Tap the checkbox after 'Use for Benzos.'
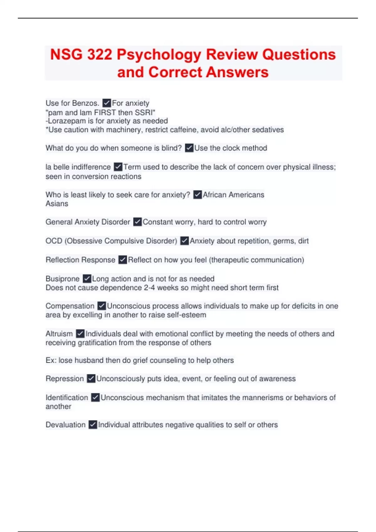107,103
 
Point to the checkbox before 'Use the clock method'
189,148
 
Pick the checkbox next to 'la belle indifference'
118,167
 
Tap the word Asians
57,204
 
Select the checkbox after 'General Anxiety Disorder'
137,222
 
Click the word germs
284,241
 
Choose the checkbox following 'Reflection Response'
123,260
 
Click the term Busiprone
62,279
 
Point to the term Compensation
70,306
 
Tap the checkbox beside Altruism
80,334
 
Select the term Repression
65,379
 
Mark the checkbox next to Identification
95,397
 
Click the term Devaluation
65,425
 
